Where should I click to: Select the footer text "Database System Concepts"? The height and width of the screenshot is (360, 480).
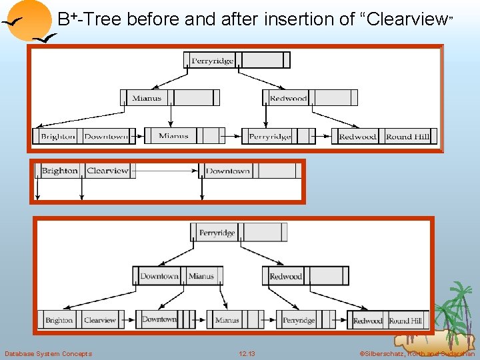tap(48, 353)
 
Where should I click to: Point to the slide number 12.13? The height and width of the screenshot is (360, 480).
tap(247, 353)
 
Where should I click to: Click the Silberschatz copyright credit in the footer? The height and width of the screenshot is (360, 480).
tap(417, 353)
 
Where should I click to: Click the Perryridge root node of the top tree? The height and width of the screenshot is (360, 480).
tap(212, 61)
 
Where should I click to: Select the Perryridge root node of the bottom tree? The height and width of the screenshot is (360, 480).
tap(217, 233)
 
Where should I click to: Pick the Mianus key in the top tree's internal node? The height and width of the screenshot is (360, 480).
tap(147, 98)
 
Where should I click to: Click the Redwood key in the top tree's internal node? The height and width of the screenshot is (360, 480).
tap(288, 98)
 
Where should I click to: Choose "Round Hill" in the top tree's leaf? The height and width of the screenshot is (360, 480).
tap(407, 137)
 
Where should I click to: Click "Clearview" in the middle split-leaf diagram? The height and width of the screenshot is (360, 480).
tap(107, 171)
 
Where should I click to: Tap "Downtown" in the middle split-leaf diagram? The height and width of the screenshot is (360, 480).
tap(228, 171)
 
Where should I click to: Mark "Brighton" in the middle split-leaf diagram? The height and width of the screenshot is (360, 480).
tap(59, 171)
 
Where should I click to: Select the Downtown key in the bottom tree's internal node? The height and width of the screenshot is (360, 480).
tap(159, 276)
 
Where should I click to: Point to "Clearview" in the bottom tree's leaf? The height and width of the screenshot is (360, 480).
tap(100, 320)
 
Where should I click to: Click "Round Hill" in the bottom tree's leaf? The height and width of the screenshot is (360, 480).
tap(405, 321)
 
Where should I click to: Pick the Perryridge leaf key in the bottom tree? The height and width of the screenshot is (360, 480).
tap(299, 320)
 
